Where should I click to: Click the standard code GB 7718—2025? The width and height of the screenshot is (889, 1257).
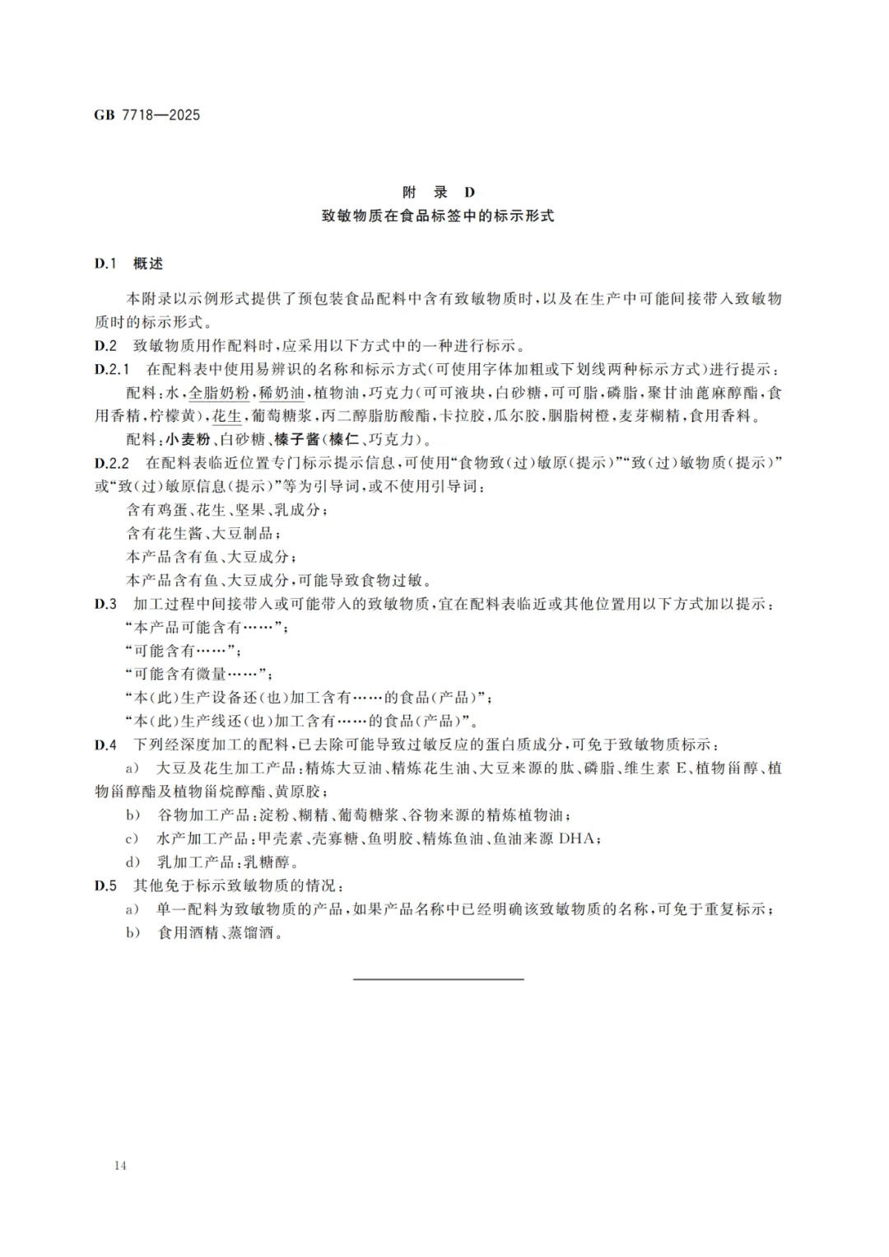coord(147,115)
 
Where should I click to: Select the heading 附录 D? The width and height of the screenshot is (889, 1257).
coord(438,193)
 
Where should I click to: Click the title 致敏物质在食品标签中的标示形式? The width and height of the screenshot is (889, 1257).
coord(438,217)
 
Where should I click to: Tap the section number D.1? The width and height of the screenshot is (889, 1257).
coord(106,264)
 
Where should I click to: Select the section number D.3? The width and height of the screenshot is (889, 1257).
coord(106,604)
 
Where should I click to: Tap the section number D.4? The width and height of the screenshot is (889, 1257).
coord(106,745)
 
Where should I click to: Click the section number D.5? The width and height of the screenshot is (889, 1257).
coord(106,886)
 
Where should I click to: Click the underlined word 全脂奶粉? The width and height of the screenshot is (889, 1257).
coord(219,393)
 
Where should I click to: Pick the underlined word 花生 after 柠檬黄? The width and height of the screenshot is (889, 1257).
coord(227,416)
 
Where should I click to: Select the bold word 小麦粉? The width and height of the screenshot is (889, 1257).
coord(188,440)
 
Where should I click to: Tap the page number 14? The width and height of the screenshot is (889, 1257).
coord(121,1166)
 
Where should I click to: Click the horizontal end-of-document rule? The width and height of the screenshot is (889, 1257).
coord(438,979)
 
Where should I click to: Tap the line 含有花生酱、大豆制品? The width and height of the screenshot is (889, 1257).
coord(203,533)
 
